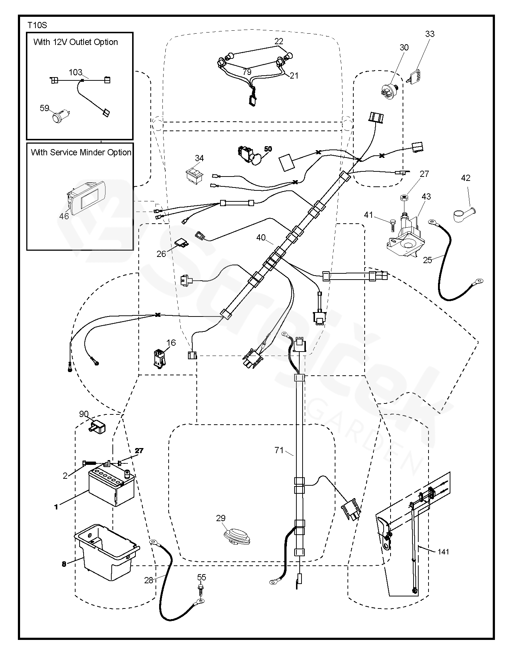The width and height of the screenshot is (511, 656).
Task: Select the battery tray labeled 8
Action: pyautogui.click(x=107, y=552)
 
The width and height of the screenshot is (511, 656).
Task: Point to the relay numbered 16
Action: pyautogui.click(x=160, y=358)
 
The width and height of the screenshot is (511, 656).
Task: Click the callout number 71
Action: pyautogui.click(x=279, y=450)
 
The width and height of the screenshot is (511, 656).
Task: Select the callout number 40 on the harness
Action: pyautogui.click(x=261, y=238)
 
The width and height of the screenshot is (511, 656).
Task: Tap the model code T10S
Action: pyautogui.click(x=37, y=25)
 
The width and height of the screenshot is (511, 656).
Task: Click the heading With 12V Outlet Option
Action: pyautogui.click(x=76, y=42)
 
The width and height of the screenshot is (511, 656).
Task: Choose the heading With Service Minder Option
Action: pyautogui.click(x=81, y=152)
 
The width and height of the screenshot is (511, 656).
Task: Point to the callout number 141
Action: pyautogui.click(x=443, y=552)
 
